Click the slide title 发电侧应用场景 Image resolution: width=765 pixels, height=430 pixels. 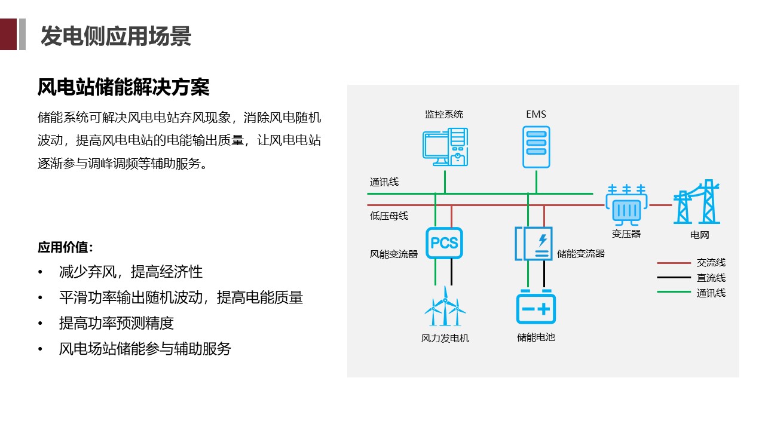pyautogui.click(x=116, y=36)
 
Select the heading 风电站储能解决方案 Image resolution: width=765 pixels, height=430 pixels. pyautogui.click(x=123, y=88)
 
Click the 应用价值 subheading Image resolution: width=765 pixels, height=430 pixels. pyautogui.click(x=65, y=247)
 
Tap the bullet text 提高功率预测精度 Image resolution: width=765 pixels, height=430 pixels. pyautogui.click(x=116, y=323)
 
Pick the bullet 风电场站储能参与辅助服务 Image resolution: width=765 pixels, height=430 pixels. pyautogui.click(x=145, y=349)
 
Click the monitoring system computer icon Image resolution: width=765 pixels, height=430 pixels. pyautogui.click(x=445, y=147)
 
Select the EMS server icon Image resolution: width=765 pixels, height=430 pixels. pyautogui.click(x=536, y=147)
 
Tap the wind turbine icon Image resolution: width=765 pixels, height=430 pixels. pyautogui.click(x=445, y=308)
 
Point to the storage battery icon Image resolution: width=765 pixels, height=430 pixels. pyautogui.click(x=536, y=308)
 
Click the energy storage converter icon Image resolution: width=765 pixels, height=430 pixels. pyautogui.click(x=534, y=244)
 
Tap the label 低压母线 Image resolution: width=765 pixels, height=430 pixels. pyautogui.click(x=389, y=216)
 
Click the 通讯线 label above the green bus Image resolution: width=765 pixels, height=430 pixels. pyautogui.click(x=384, y=182)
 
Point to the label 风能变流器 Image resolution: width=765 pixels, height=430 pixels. pyautogui.click(x=394, y=254)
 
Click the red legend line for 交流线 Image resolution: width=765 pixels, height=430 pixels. pyautogui.click(x=674, y=263)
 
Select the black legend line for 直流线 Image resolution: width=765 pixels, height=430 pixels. pyautogui.click(x=674, y=278)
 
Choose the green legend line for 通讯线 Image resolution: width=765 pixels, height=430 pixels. pyautogui.click(x=674, y=293)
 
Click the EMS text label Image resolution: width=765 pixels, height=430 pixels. pyautogui.click(x=536, y=114)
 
